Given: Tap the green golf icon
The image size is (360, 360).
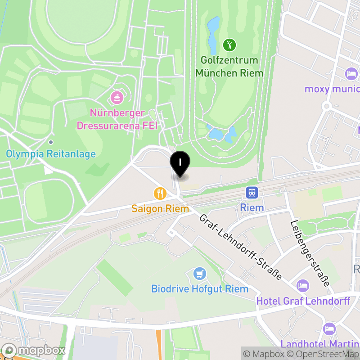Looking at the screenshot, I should point(229,45).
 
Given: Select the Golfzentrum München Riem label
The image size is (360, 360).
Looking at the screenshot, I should point(229,67).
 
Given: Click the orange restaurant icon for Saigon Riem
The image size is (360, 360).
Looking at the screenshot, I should point(160,193).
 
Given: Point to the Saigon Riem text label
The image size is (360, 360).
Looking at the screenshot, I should point(160,209).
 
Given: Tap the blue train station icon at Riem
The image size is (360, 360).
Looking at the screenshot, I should point(252,193).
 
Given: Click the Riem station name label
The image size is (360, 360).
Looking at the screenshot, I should point(252,207).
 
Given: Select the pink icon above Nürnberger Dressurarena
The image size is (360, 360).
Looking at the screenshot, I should point(117,97).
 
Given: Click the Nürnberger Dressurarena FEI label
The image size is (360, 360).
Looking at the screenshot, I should point(117,119).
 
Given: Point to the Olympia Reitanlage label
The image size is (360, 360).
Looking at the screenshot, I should point(51,154).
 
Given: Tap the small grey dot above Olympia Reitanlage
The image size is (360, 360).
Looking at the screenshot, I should point(51,142).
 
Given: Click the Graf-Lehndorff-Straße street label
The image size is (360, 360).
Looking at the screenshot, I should point(240,246).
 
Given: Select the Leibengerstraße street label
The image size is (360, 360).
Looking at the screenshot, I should point(310,253).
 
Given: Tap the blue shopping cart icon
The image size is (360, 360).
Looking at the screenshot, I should point(199,273).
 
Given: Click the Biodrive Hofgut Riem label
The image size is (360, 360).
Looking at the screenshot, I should point(199,288).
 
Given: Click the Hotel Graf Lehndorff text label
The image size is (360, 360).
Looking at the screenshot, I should point(303,301).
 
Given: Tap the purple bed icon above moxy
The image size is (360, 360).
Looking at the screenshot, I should point(351,73).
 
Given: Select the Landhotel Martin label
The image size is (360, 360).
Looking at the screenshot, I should point(319,344).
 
